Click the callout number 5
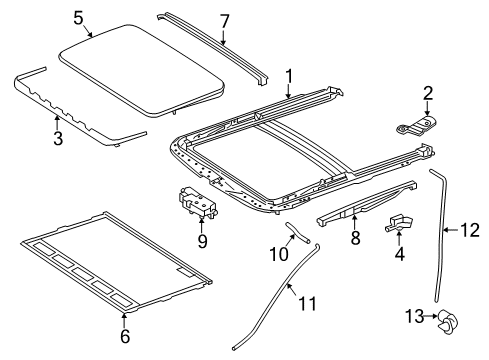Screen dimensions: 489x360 click(78, 18)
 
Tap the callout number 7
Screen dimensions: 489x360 click(225, 21)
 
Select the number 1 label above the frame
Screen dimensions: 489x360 click(289, 76)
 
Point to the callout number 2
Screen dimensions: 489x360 click(428, 93)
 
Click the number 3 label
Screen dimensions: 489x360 click(58, 138)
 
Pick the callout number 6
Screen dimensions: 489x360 click(125, 336)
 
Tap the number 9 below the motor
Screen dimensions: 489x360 click(202, 241)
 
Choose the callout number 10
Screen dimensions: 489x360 click(279, 254)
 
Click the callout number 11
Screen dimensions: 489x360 click(307, 304)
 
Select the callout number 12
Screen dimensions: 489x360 click(470, 230)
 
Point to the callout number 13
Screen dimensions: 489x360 click(415, 316)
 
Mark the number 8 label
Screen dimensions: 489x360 click(356, 238)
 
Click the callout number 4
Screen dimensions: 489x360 click(399, 254)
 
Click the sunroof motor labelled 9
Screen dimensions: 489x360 click(197, 203)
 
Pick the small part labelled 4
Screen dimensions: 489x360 click(398, 223)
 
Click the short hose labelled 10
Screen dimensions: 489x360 click(298, 232)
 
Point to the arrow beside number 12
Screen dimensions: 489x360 click(452, 230)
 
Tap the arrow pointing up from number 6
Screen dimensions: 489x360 click(124, 320)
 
